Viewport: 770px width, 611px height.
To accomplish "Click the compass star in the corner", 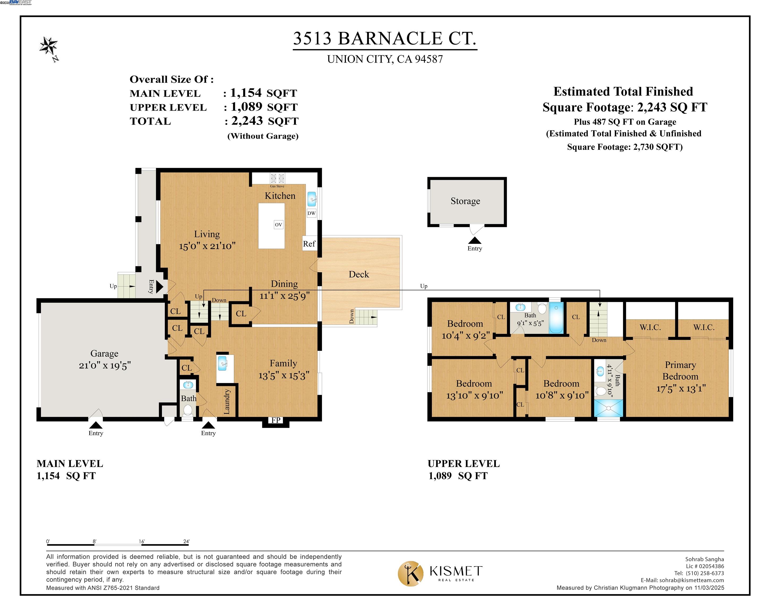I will click(49, 46).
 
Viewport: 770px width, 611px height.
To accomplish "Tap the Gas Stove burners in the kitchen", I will click(277, 178).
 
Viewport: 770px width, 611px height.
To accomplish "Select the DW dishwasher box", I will click(311, 213).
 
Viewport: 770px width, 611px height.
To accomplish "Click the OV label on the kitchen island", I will click(278, 225).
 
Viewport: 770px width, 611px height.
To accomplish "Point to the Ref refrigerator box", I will click(309, 243).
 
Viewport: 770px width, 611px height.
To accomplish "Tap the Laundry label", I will click(226, 401).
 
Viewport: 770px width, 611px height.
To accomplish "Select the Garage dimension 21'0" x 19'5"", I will click(105, 365).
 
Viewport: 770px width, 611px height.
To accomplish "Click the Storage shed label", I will click(465, 201).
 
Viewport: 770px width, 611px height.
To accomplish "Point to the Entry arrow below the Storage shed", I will click(475, 241).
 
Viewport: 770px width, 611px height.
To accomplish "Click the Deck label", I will click(359, 274).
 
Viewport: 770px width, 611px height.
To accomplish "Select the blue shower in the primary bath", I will click(608, 408).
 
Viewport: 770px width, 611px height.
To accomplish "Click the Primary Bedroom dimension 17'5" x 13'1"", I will click(681, 389).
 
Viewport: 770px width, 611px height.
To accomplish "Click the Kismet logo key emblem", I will click(411, 573).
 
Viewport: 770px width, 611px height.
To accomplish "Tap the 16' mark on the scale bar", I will click(142, 542).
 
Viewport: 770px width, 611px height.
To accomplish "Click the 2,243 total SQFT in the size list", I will click(247, 121).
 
